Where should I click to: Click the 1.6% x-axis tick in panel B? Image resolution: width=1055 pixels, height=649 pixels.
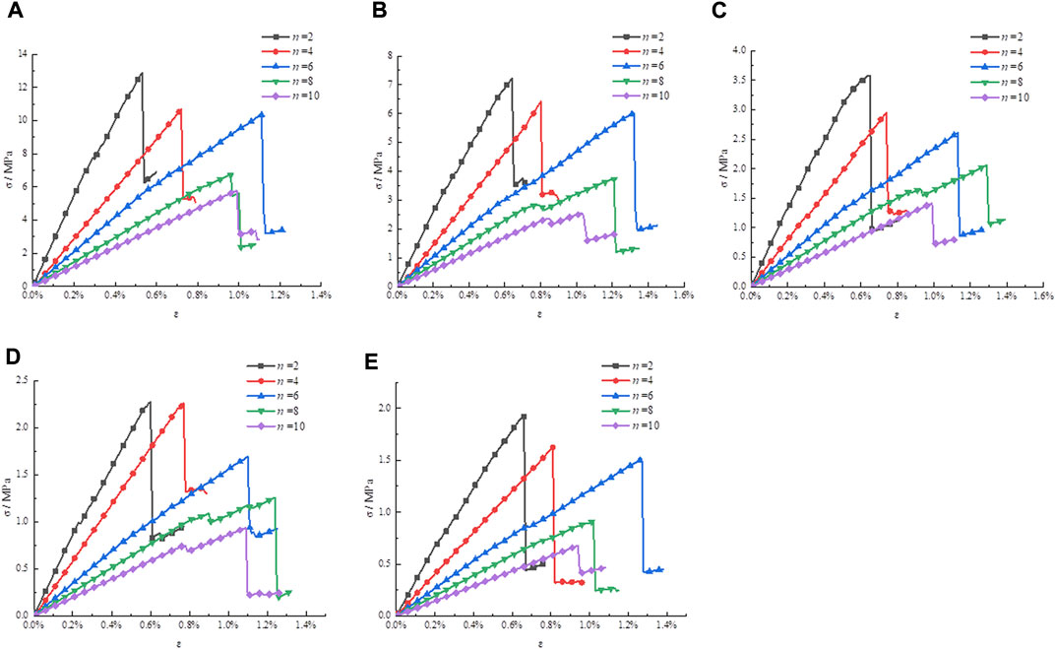click(681, 295)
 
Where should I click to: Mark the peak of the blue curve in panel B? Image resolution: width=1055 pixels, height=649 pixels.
click(632, 112)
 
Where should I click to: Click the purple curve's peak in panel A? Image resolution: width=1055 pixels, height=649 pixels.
click(235, 192)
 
